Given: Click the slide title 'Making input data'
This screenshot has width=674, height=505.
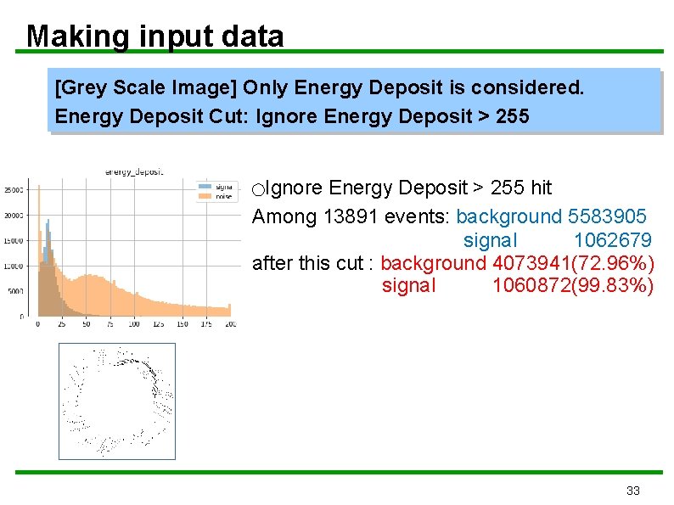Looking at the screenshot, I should (x=154, y=36).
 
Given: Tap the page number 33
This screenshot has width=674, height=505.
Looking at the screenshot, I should (x=632, y=491).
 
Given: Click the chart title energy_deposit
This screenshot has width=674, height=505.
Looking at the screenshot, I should (x=133, y=171).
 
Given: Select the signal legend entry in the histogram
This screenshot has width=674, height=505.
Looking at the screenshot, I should (x=220, y=186).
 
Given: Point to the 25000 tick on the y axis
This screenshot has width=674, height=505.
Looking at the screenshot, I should (x=14, y=189).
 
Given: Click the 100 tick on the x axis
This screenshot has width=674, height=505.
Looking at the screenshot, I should (x=135, y=324).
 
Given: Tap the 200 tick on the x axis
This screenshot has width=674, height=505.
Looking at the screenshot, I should (x=230, y=324).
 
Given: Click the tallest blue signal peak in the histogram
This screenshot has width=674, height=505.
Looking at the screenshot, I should (x=48, y=223).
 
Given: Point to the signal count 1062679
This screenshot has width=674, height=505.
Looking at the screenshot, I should (x=612, y=240).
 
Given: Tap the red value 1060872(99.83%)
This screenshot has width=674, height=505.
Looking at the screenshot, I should (x=573, y=286).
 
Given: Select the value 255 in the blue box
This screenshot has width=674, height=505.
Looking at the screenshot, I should (x=511, y=115).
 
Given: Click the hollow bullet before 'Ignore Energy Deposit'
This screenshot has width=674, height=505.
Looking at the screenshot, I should (x=258, y=188).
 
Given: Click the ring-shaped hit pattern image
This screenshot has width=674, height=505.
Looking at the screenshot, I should (x=116, y=401).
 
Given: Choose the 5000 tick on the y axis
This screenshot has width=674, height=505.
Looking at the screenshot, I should (x=16, y=291).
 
